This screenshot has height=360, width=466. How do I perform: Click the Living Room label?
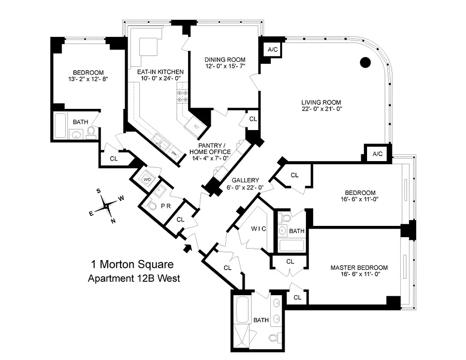point(321,102)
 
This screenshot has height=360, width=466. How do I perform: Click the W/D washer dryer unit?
point(147,179)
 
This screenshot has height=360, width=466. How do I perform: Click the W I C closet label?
point(258,229)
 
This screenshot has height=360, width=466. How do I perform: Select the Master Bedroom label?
point(358,267)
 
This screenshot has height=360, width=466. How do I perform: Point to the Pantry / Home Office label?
point(213,148)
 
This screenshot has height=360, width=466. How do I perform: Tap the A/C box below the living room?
point(377,154)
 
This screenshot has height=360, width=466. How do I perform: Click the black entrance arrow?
point(188,247)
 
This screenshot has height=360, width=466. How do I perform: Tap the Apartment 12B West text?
point(134,279)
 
